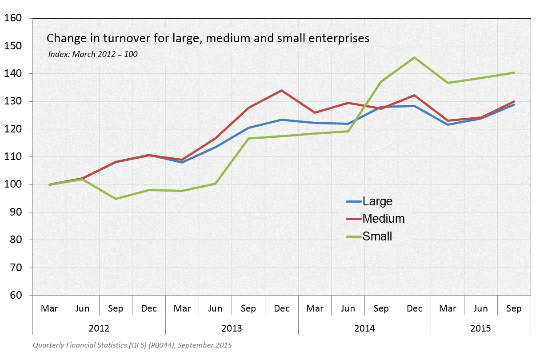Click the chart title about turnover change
coord(208,38)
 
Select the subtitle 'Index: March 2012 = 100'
coord(93,54)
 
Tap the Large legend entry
coord(377,201)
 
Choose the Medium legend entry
coord(383,218)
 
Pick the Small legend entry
coord(377,236)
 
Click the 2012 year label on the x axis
coord(99,328)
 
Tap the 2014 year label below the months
coord(364,328)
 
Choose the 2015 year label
coord(480,328)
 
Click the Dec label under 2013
coord(282,308)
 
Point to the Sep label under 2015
coord(514,308)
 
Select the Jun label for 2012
coord(83,308)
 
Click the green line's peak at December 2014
coord(415,57)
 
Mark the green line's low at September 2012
coord(116,199)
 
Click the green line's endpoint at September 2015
coord(514,72)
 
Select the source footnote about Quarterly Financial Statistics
coord(132,345)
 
